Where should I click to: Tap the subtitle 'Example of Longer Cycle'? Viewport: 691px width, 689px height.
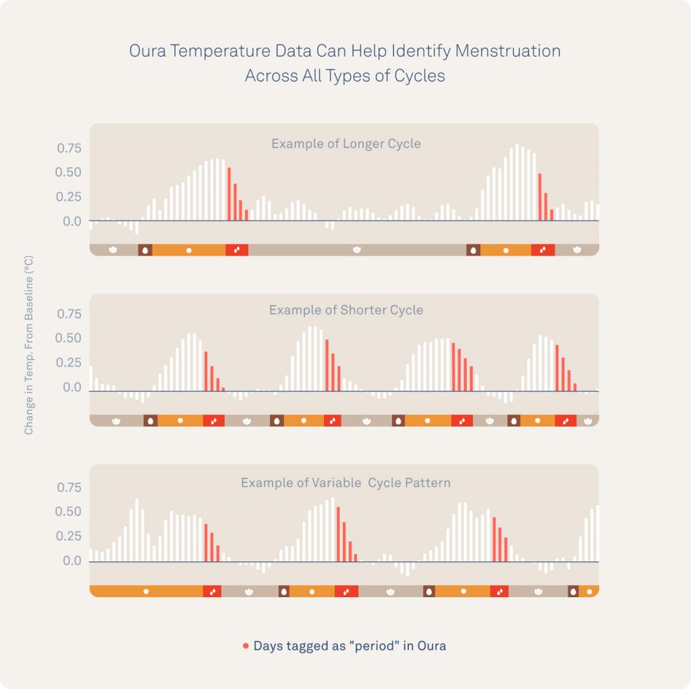coord(345,144)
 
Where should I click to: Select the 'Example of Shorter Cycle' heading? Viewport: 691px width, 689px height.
coord(345,310)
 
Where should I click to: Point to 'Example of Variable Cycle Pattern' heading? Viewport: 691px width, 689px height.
coord(345,483)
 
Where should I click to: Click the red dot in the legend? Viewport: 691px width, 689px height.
coord(246,646)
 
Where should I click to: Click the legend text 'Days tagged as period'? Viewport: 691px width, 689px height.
coord(350,646)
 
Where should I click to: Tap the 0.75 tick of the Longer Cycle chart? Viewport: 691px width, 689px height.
coord(68,148)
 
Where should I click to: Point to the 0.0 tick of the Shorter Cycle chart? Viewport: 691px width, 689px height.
coord(72,388)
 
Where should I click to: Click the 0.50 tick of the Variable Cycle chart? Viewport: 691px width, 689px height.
coord(68,512)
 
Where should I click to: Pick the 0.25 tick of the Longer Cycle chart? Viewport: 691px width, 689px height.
coord(68,197)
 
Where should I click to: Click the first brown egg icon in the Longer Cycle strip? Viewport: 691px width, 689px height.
coord(145,250)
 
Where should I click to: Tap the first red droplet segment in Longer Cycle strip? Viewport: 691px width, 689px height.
coord(237,250)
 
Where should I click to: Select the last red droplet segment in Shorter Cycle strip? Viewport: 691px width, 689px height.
coord(565,420)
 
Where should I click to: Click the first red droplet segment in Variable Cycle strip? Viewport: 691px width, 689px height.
coord(213,592)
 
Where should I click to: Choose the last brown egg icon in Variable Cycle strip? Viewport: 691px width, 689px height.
coord(574,592)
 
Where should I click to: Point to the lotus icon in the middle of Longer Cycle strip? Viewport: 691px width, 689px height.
coord(357,250)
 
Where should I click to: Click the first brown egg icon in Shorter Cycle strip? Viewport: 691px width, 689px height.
coord(150,420)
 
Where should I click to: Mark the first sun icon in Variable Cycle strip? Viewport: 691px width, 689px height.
coord(146,592)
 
